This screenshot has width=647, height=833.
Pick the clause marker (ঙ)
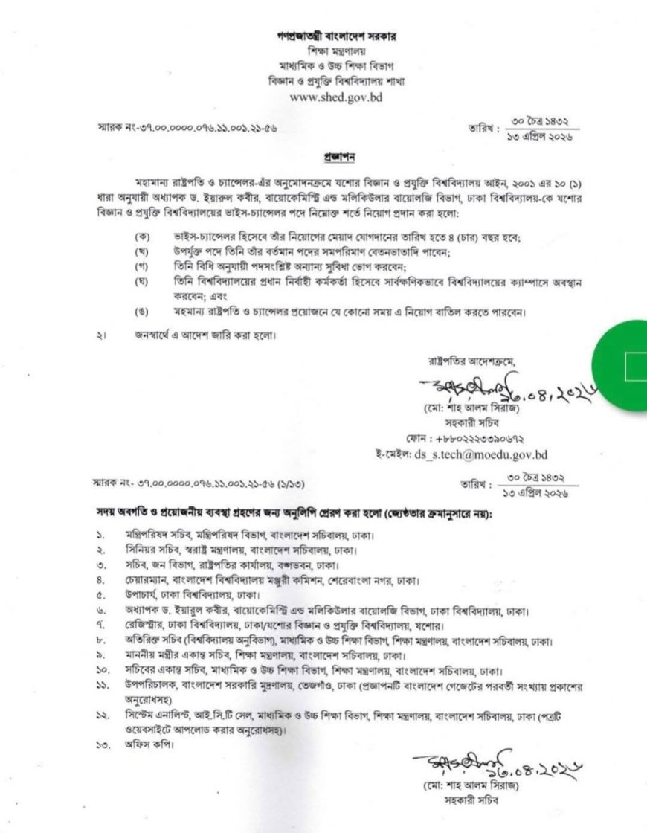139,311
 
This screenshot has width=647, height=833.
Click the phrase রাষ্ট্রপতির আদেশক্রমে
471,361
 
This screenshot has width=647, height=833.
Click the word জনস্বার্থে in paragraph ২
153,336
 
